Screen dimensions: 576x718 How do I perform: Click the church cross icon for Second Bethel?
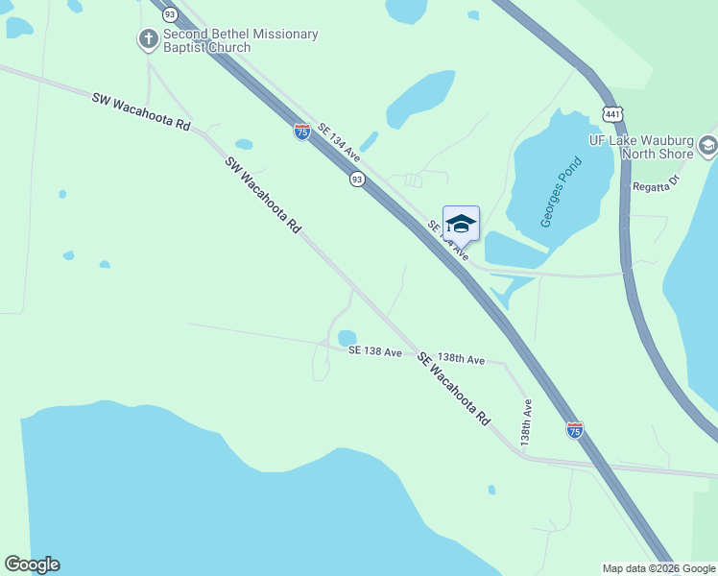[149, 39]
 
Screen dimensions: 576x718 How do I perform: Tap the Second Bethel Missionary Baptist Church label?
[240, 40]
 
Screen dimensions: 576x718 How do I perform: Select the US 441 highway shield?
[610, 113]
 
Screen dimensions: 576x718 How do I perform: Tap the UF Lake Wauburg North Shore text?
[642, 146]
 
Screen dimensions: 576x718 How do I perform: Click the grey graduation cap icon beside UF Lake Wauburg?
[708, 146]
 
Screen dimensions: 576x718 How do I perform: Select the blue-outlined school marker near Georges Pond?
[461, 224]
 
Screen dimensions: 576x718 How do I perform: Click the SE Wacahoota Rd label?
[454, 389]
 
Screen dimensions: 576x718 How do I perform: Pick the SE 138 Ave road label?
[375, 352]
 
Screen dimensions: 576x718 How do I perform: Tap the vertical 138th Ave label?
[527, 420]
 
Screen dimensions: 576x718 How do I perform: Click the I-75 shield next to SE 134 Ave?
[302, 132]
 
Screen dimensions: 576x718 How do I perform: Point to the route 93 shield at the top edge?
[170, 14]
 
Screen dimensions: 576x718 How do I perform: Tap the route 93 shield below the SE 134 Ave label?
[356, 180]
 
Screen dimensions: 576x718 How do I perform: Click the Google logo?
[33, 564]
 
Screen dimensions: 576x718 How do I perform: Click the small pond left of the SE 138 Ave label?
[347, 338]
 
